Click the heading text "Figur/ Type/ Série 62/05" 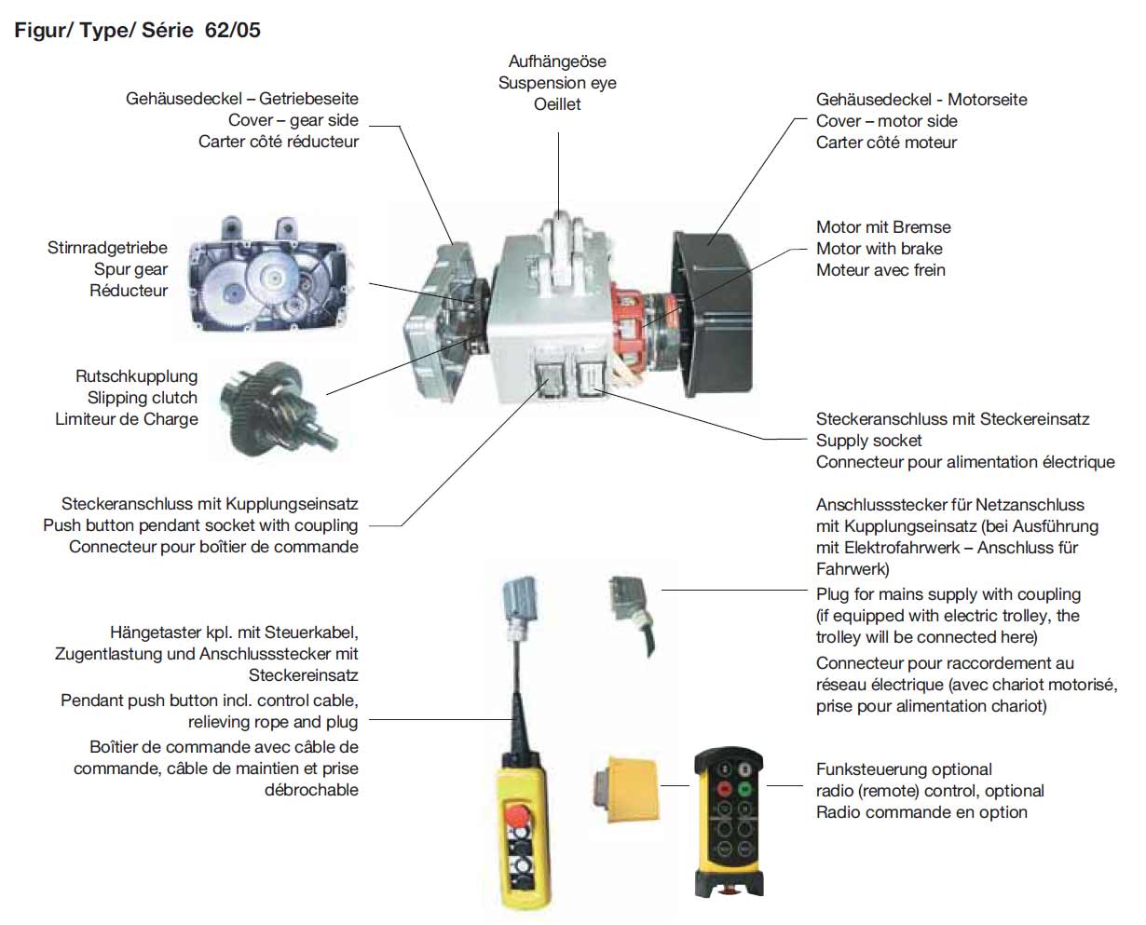coord(137,30)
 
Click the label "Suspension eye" coord(557,83)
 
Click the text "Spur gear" coord(130,269)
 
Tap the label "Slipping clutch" coord(143,398)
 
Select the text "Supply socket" coord(868,441)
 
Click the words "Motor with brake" coord(879,249)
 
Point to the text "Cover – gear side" coord(293,120)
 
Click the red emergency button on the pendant coord(514,818)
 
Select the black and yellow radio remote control coord(728,820)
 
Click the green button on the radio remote coord(745,788)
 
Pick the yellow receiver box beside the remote coord(626,787)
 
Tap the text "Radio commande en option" coord(921,812)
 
